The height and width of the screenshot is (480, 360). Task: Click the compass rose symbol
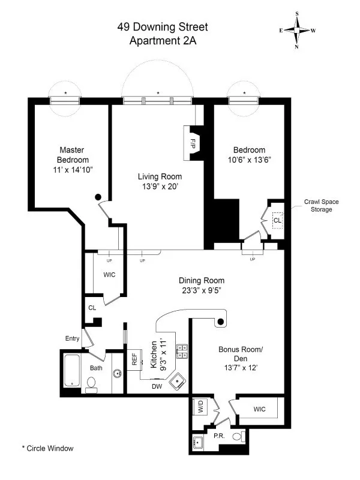click(297, 29)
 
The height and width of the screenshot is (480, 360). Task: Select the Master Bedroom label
click(73, 155)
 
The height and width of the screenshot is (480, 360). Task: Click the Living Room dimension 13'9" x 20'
click(159, 187)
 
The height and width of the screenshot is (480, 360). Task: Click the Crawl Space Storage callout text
click(317, 206)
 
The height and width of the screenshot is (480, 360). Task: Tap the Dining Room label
click(202, 280)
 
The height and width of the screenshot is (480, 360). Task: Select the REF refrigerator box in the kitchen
click(134, 359)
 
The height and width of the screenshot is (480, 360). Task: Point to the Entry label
click(73, 338)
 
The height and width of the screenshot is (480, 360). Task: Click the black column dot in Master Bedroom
click(98, 197)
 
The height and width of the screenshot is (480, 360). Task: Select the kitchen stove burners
click(181, 350)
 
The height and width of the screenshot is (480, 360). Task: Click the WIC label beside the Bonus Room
click(259, 409)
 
